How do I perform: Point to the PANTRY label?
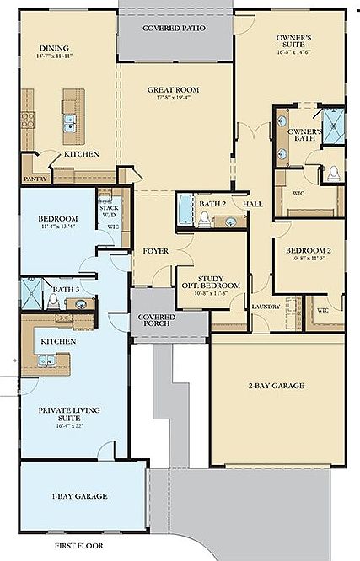coord(35,179)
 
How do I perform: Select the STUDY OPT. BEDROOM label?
coord(208,281)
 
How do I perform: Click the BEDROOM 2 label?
coord(308,252)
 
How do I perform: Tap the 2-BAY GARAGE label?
coord(276,386)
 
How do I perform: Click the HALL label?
coord(254,204)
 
